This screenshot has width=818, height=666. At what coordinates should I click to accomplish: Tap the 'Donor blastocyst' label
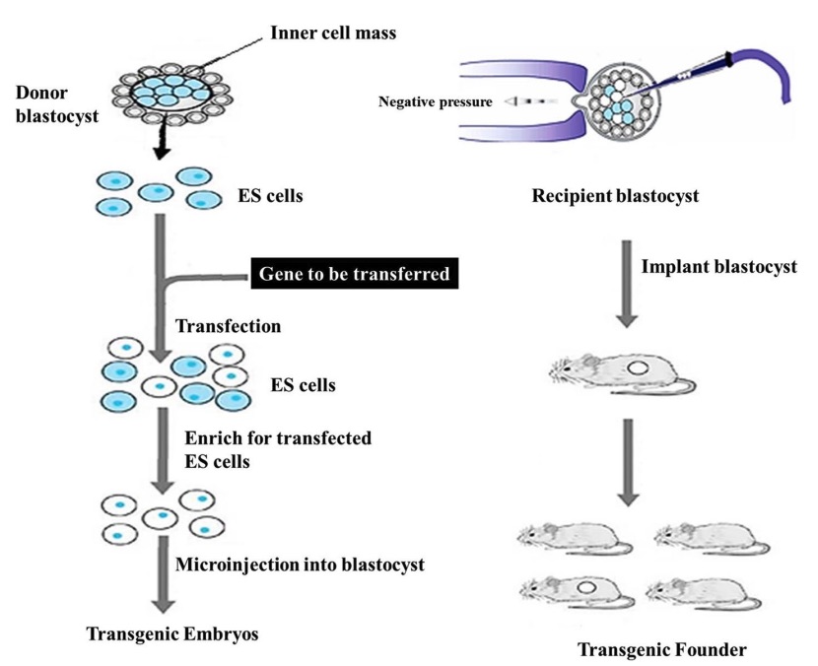50,104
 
